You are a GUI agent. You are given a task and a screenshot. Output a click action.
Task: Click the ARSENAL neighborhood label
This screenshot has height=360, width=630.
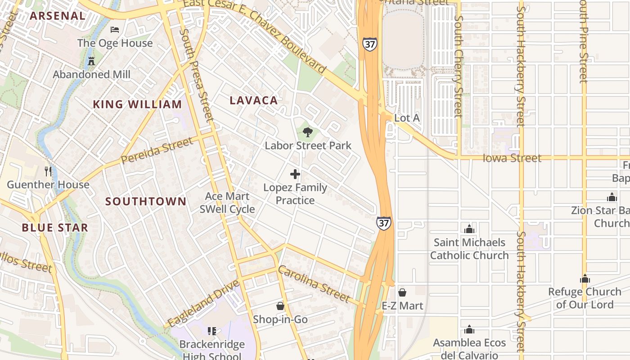click(57, 16)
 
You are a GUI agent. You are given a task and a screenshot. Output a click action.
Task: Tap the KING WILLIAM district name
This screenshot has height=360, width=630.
click(137, 104)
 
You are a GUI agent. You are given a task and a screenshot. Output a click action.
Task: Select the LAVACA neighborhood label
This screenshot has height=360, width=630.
click(254, 100)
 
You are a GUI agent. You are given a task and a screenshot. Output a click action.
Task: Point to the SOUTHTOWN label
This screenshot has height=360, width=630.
click(146, 201)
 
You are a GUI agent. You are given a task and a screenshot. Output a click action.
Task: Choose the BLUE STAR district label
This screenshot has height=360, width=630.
click(55, 228)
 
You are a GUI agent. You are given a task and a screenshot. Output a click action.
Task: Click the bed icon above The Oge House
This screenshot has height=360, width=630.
click(115, 30)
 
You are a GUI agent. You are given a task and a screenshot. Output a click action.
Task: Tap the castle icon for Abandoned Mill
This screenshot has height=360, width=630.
click(91, 61)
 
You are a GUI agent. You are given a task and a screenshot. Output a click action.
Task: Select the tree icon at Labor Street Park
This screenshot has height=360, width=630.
click(308, 132)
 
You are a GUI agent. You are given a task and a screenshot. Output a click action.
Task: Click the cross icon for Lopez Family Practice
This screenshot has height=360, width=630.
click(295, 174)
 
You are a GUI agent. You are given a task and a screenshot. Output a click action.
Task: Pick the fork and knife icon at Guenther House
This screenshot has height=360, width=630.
click(48, 171)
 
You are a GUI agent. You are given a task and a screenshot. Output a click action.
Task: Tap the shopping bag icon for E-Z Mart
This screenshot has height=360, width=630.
click(402, 292)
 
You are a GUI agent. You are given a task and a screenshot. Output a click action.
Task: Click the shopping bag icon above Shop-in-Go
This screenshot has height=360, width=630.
click(280, 306)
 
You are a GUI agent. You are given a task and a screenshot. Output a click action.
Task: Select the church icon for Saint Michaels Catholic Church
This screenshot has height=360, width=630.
click(469, 229)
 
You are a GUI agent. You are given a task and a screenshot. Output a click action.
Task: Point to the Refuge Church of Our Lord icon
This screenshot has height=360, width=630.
click(585, 279)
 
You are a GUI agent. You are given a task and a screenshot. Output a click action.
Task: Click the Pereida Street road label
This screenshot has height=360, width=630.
click(157, 151)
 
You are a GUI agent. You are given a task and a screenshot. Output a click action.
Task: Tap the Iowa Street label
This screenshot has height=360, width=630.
click(512, 158)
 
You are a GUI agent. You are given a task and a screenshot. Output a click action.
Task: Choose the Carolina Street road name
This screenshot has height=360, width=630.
click(314, 284)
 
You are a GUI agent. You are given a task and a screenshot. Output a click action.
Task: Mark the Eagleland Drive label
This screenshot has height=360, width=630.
click(203, 304)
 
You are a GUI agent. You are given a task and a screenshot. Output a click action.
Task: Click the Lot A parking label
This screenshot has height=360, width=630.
click(407, 118)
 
